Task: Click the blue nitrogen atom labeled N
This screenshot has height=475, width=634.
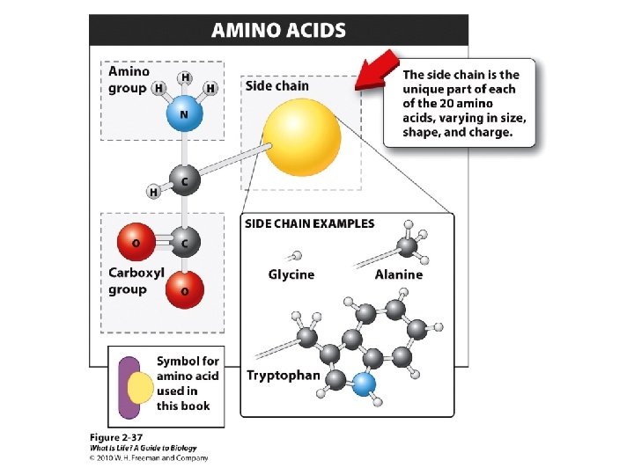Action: point(184,114)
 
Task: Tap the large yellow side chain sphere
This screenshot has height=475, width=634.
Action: point(302,138)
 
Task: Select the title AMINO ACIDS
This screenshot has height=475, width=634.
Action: point(278,31)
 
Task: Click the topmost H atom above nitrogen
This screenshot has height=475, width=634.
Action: point(186,78)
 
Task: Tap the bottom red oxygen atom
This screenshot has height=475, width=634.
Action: point(185,289)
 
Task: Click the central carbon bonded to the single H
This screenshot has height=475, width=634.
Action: point(184,180)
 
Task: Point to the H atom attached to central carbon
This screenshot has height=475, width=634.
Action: point(154,192)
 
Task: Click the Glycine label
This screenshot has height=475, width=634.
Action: point(291,274)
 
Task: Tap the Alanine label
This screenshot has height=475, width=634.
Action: point(398,274)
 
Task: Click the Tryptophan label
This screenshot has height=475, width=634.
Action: point(284,376)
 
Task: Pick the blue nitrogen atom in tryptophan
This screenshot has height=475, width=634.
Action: point(364,384)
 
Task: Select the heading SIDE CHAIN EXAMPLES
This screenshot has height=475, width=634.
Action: point(309,223)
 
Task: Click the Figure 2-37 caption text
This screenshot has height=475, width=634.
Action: point(116,437)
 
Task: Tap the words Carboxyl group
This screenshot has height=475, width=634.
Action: point(136,281)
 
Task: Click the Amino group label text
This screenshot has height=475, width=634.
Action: point(129,79)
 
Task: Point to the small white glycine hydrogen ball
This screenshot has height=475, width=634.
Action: point(295,256)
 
